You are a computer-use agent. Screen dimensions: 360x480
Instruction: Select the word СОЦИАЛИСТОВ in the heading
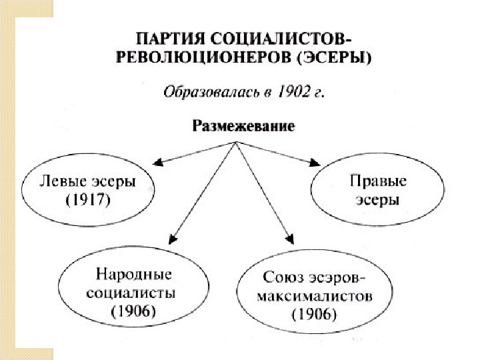click(280, 38)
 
